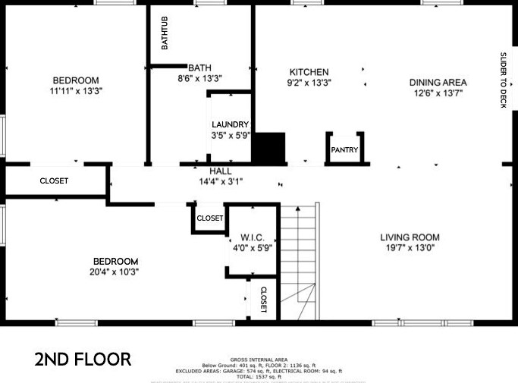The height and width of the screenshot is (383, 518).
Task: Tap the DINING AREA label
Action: tap(438, 83)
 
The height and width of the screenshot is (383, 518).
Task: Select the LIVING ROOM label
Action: tap(410, 237)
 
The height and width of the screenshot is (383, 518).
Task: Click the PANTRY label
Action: tap(345, 150)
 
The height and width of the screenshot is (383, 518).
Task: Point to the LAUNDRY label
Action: tap(230, 125)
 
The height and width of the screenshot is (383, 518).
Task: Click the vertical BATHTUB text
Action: tap(164, 33)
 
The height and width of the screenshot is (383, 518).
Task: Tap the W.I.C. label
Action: tap(251, 237)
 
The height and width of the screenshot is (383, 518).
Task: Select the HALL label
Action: tap(221, 171)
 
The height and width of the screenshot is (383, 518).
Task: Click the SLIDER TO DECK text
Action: tap(503, 80)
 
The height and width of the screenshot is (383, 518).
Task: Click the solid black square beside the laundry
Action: tap(268, 147)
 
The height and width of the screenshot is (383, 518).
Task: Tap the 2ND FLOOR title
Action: tap(83, 359)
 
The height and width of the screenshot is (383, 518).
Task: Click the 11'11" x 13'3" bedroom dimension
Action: tap(76, 91)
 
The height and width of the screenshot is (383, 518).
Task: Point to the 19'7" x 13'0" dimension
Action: tap(410, 247)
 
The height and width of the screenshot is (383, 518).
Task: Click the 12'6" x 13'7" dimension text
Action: tap(438, 93)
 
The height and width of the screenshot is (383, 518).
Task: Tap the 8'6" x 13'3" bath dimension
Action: tap(199, 78)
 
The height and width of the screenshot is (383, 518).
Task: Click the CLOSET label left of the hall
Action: tap(54, 181)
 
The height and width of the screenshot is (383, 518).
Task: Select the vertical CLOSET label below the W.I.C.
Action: tap(263, 299)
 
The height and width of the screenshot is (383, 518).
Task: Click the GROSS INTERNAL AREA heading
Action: tap(259, 359)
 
